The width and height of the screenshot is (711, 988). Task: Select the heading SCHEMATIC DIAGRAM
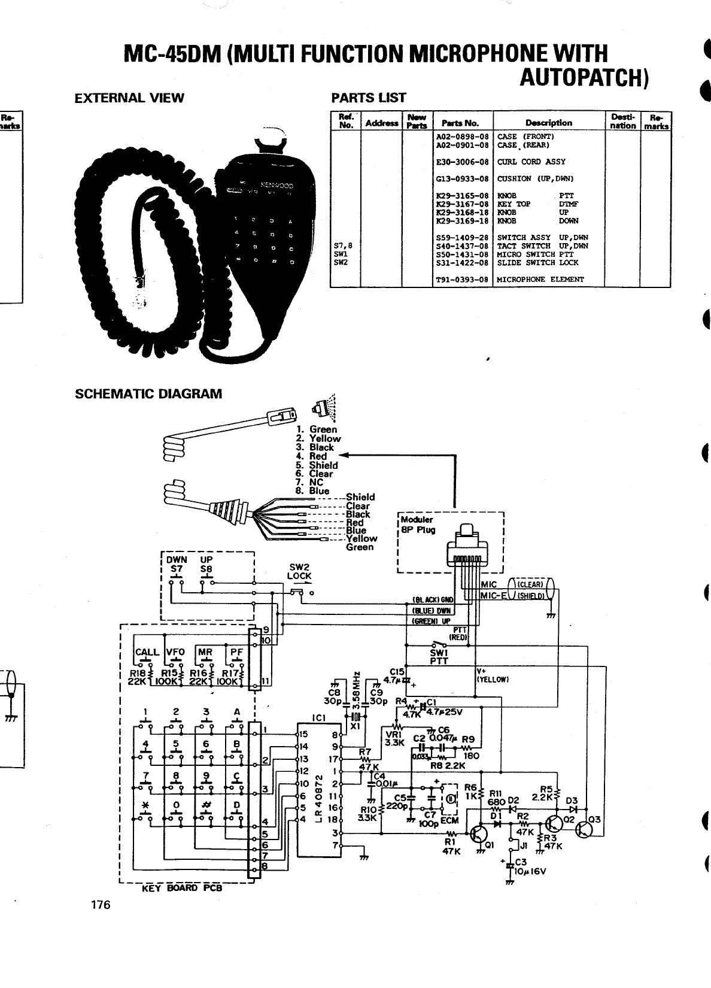pos(148,394)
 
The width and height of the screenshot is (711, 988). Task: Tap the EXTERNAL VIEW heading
pos(129,98)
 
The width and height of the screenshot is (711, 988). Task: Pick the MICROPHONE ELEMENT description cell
pos(540,280)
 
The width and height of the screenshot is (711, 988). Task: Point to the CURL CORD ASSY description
pos(531,162)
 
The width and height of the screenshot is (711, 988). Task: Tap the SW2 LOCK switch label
pos(299,572)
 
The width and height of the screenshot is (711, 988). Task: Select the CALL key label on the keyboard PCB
pos(147,652)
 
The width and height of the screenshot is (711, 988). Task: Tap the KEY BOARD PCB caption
pos(182,888)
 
